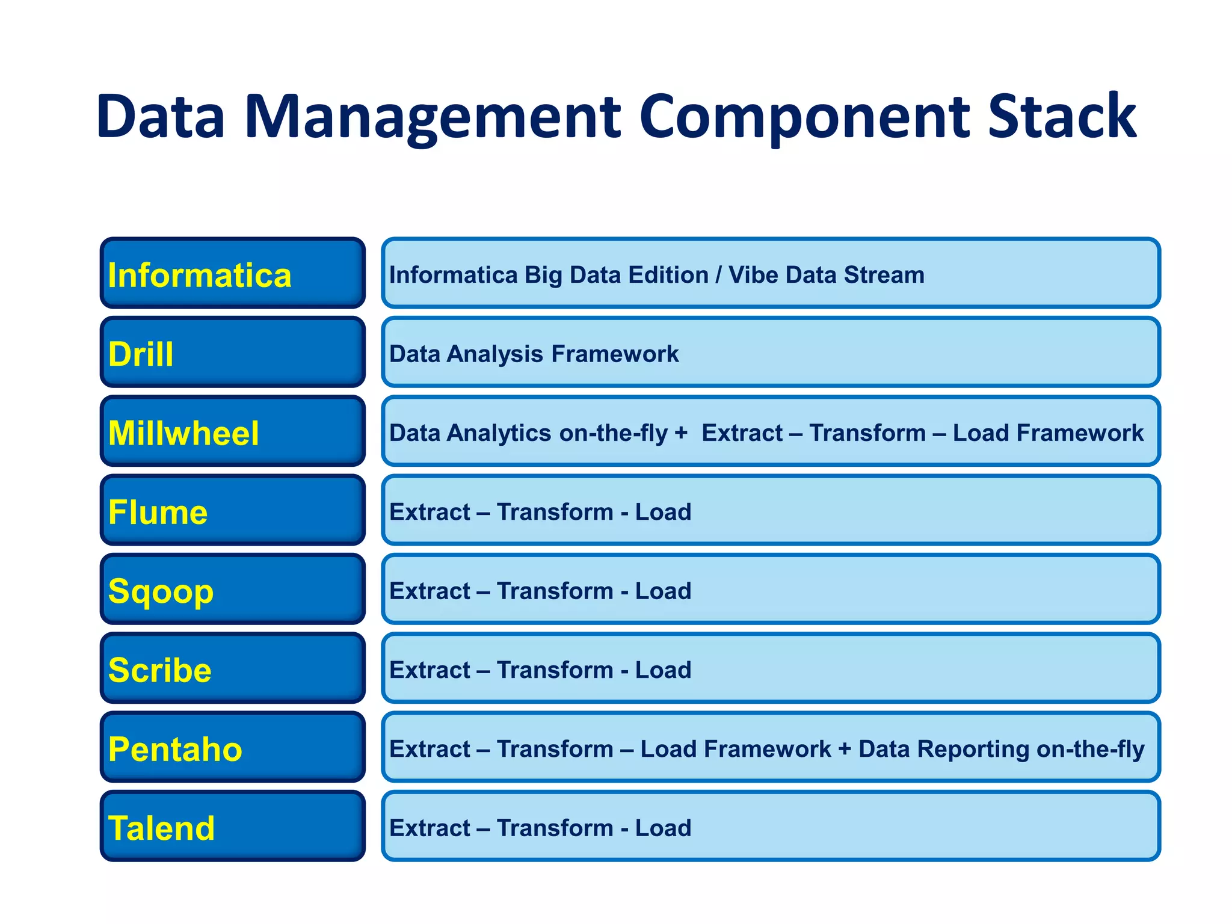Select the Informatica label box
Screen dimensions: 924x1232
(x=233, y=274)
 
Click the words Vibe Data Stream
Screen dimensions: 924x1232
(x=826, y=275)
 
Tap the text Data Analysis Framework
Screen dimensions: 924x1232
(x=534, y=354)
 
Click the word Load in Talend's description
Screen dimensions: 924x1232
(x=663, y=828)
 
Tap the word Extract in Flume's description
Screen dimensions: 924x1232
(x=430, y=512)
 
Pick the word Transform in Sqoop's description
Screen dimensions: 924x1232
(x=555, y=591)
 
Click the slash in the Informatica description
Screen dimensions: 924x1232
(x=718, y=275)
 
